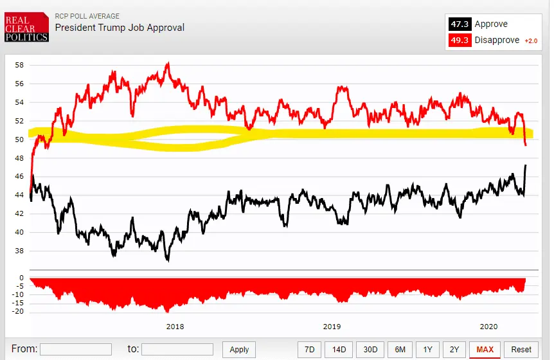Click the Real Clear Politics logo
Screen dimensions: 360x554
pyautogui.click(x=26, y=28)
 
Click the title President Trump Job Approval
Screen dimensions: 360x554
pyautogui.click(x=120, y=28)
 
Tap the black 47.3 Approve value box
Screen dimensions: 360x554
pyautogui.click(x=460, y=24)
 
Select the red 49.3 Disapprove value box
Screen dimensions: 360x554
pyautogui.click(x=460, y=40)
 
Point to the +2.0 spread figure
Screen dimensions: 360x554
pyautogui.click(x=530, y=40)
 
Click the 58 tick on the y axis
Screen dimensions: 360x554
pyautogui.click(x=19, y=65)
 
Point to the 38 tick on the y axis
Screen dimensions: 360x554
pyautogui.click(x=19, y=251)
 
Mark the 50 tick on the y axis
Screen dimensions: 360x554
pyautogui.click(x=19, y=139)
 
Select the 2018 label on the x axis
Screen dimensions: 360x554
pyautogui.click(x=175, y=327)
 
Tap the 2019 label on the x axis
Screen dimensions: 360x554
pyautogui.click(x=332, y=327)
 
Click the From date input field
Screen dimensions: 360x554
pyautogui.click(x=75, y=349)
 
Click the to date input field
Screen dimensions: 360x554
pyautogui.click(x=177, y=349)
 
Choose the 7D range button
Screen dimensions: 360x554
pyautogui.click(x=309, y=349)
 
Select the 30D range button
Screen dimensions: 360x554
pyautogui.click(x=370, y=349)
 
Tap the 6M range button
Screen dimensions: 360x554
pyautogui.click(x=400, y=349)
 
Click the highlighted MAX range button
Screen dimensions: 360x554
pyautogui.click(x=485, y=349)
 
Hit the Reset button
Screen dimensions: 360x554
pyautogui.click(x=521, y=349)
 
